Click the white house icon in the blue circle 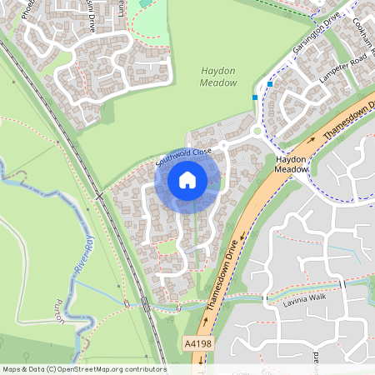pos(187,179)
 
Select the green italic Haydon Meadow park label pos(219,77)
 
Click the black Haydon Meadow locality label pos(292,163)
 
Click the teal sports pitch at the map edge pos(146,3)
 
